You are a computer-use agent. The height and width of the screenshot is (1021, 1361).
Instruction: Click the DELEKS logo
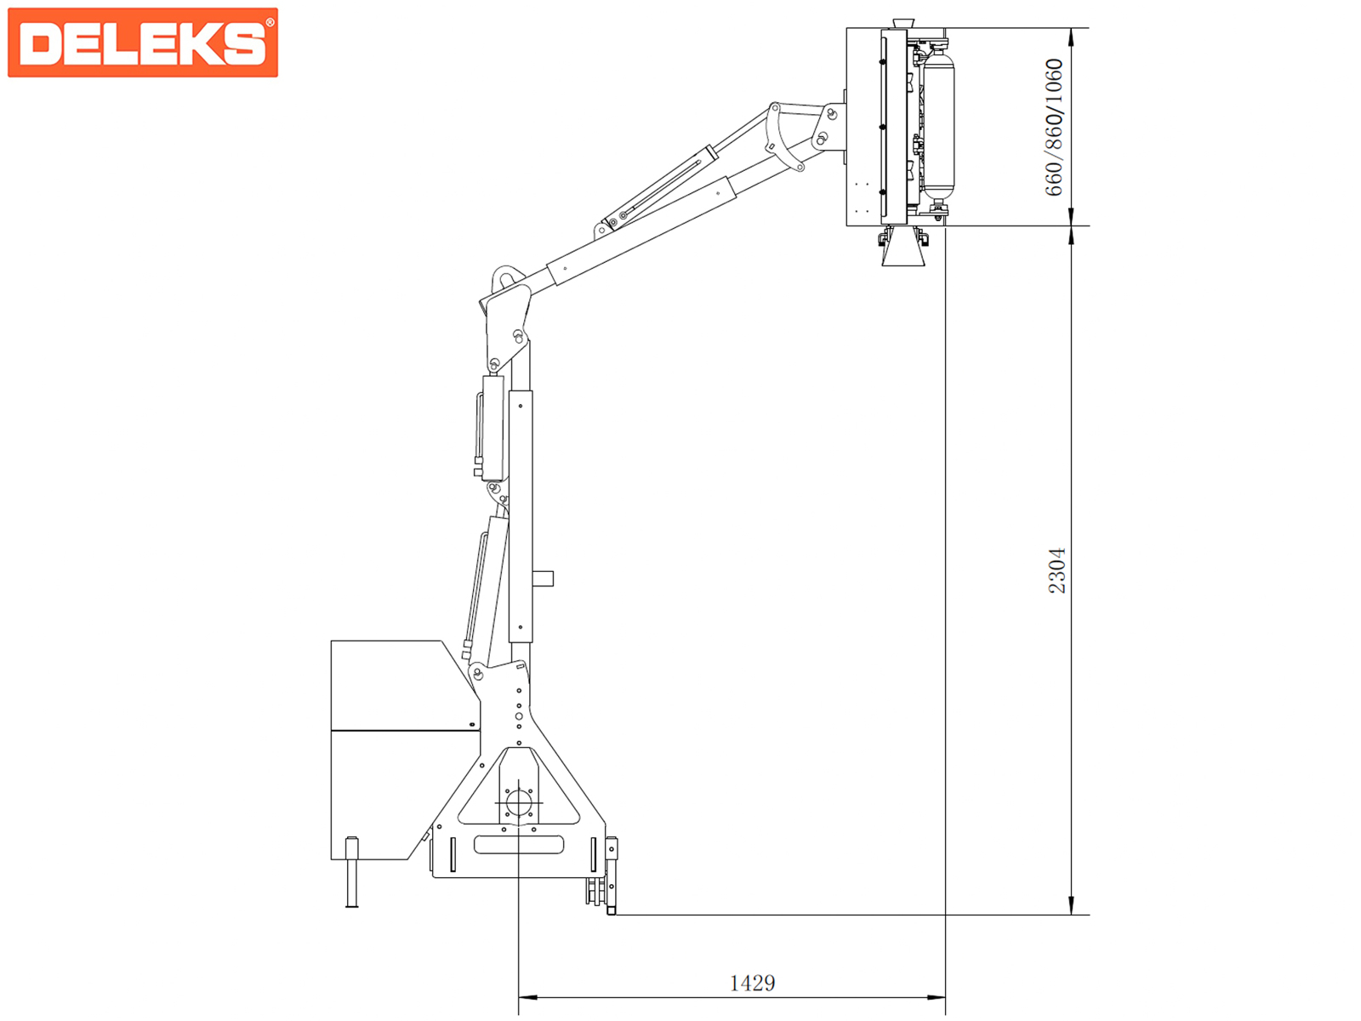143,43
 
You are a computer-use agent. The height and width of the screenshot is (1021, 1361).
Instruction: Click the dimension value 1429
752,984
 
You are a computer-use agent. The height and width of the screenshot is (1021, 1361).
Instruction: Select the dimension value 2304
1056,570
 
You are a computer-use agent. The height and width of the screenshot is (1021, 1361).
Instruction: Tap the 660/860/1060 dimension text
1053,127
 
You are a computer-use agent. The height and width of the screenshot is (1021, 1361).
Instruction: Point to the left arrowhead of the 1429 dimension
527,997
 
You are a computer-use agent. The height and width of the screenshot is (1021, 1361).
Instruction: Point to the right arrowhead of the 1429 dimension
936,997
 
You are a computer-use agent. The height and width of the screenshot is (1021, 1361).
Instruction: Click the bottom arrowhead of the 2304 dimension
1071,905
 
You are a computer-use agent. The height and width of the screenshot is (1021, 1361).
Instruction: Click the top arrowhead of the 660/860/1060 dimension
1071,37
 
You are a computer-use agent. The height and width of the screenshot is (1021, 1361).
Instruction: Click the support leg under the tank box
351,872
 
